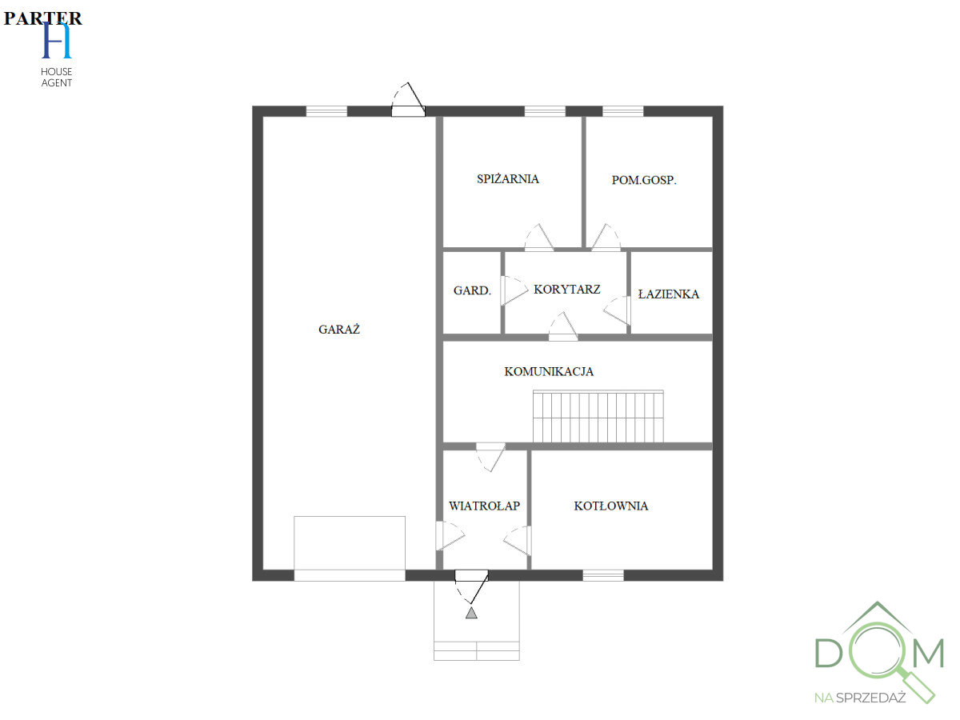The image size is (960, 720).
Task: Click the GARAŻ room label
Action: coord(339,329)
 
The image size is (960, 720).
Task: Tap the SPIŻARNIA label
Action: coord(508,179)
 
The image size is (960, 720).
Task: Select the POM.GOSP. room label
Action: coord(644,180)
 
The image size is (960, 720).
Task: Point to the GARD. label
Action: coord(472,290)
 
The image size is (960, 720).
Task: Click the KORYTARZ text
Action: coord(567,289)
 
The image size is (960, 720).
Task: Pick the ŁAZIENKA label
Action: coord(669,294)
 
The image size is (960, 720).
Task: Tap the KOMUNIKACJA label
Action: coord(549,371)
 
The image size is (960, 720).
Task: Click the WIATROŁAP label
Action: coord(484,506)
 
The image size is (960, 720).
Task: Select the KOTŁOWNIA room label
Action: coord(611,506)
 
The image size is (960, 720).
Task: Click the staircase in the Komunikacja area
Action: coord(598,416)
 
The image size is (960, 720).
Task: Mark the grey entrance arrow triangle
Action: coord(471,613)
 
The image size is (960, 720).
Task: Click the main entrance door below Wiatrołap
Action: coord(471,576)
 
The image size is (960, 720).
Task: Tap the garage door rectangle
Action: coord(350,544)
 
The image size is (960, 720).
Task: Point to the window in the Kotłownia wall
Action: coord(603,574)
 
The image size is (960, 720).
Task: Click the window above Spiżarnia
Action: coord(545,111)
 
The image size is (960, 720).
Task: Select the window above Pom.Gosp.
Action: coord(622,111)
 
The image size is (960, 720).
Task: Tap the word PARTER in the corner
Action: coord(42,18)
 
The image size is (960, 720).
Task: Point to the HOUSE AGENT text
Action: coord(57,78)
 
